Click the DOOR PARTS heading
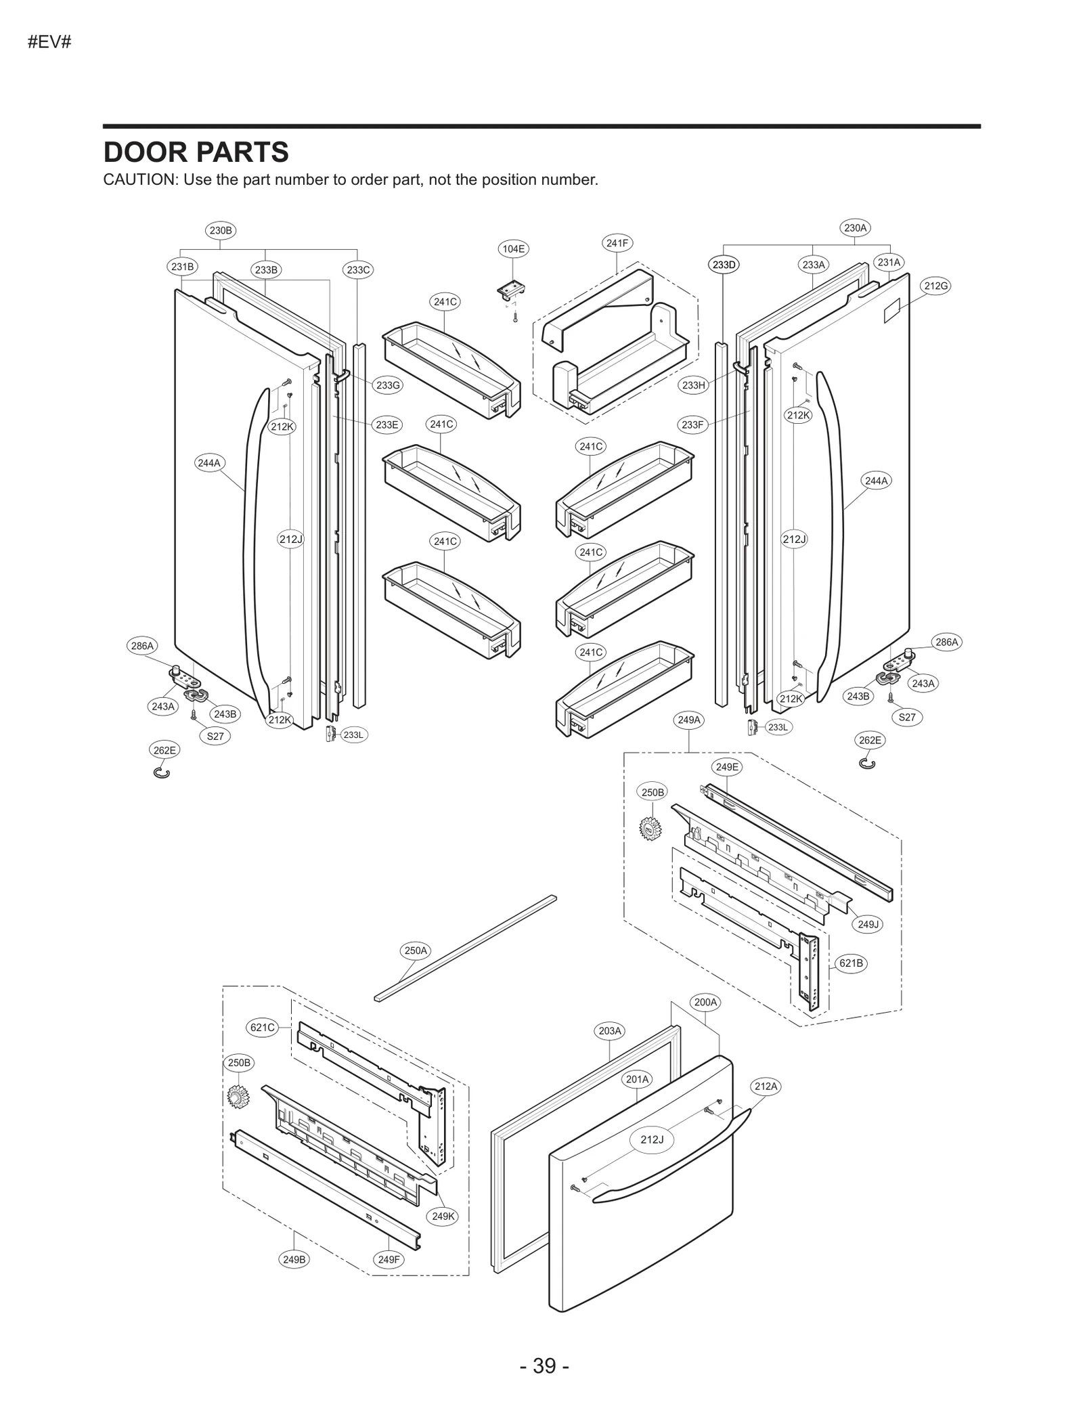pyautogui.click(x=196, y=153)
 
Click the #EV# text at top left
pyautogui.click(x=49, y=43)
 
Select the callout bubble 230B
pyautogui.click(x=221, y=230)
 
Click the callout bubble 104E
pyautogui.click(x=513, y=249)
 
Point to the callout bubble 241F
pyautogui.click(x=617, y=243)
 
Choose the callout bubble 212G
pyautogui.click(x=935, y=286)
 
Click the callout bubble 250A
pyautogui.click(x=416, y=950)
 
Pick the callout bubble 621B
pyautogui.click(x=851, y=963)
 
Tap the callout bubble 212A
pyautogui.click(x=766, y=1087)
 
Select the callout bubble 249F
pyautogui.click(x=389, y=1260)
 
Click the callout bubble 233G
pyautogui.click(x=388, y=385)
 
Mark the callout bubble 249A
pyautogui.click(x=689, y=720)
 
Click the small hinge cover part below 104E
pyautogui.click(x=512, y=291)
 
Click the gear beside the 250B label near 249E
pyautogui.click(x=650, y=829)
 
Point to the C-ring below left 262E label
pyautogui.click(x=162, y=772)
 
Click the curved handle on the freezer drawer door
pyautogui.click(x=670, y=1158)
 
